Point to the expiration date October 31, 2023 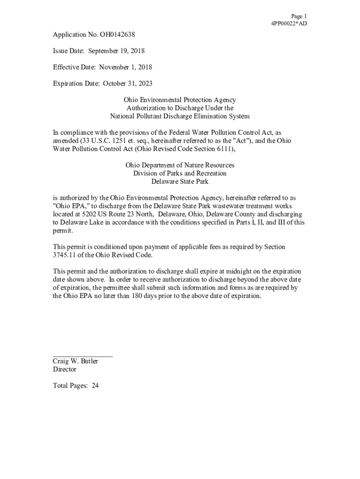pyautogui.click(x=128, y=84)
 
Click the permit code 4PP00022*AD pyautogui.click(x=289, y=23)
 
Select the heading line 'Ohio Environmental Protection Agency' pyautogui.click(x=180, y=100)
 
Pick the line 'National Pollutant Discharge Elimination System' pyautogui.click(x=180, y=116)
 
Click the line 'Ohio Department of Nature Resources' pyautogui.click(x=180, y=166)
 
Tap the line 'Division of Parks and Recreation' pyautogui.click(x=180, y=174)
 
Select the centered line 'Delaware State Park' pyautogui.click(x=180, y=181)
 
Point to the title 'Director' pyautogui.click(x=65, y=370)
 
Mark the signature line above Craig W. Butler pyautogui.click(x=82, y=356)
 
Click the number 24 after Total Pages pyautogui.click(x=95, y=386)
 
